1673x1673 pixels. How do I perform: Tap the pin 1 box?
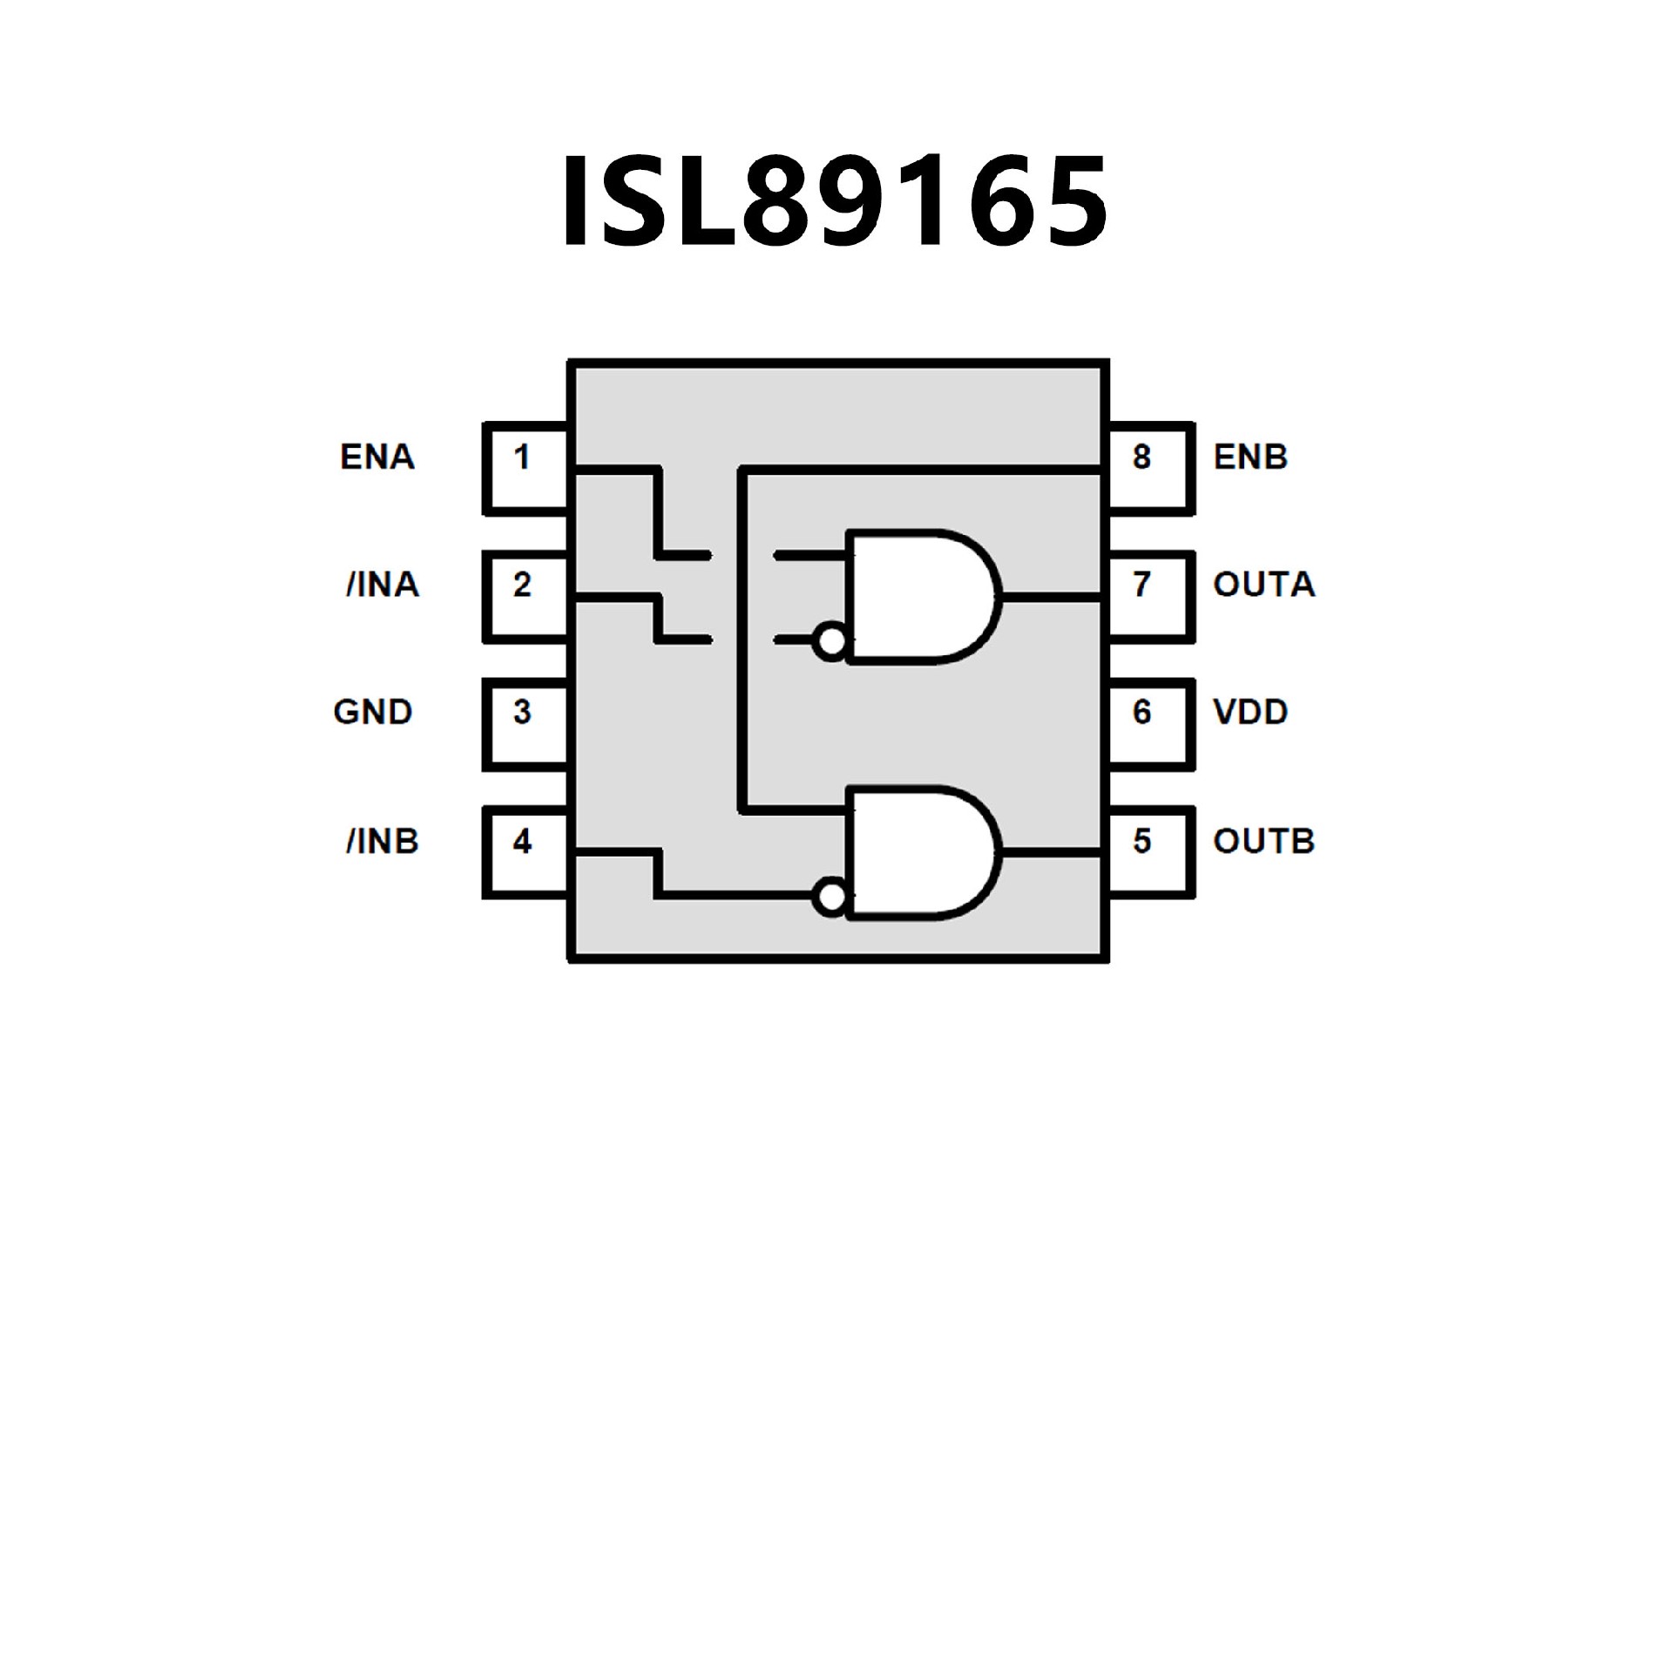point(525,467)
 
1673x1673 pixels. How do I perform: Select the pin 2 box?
point(525,595)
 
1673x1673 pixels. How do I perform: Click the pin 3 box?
point(525,723)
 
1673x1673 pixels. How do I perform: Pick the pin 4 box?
point(525,851)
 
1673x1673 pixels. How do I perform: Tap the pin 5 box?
point(1148,851)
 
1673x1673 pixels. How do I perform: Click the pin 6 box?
point(1148,723)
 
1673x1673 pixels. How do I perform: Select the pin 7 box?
point(1148,595)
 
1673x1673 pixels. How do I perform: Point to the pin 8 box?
point(1148,467)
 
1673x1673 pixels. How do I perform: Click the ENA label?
point(376,457)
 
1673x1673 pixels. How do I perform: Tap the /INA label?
point(383,585)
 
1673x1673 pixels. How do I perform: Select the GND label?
point(372,713)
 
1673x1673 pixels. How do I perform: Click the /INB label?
point(383,842)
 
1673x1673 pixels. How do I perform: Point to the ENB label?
point(1250,457)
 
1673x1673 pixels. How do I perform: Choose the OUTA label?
point(1263,585)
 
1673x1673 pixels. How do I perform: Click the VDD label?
point(1250,713)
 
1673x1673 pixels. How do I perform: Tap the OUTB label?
point(1263,842)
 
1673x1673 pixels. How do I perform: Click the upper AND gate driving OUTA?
point(919,597)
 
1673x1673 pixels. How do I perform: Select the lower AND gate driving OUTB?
point(919,853)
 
